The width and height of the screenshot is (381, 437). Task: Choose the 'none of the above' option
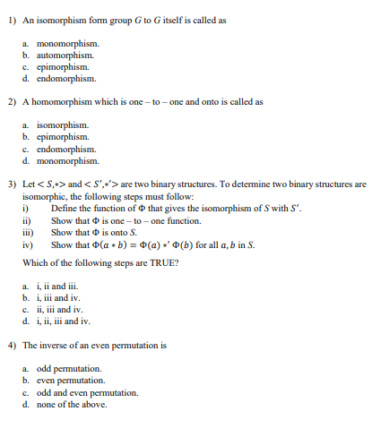click(x=71, y=404)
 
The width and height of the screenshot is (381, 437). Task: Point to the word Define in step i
click(x=64, y=209)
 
